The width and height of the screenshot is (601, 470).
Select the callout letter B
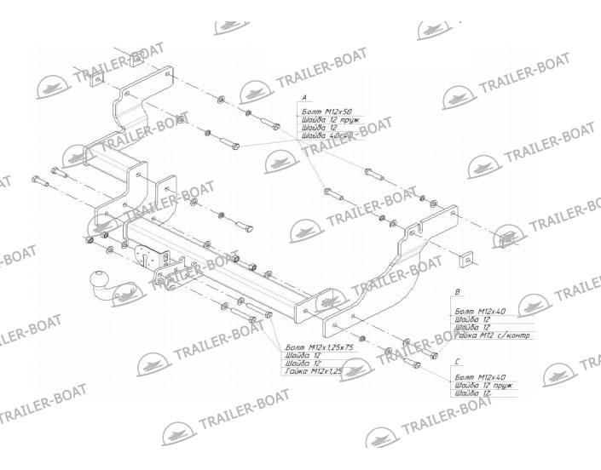click(458, 293)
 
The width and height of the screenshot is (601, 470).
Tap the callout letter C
click(458, 361)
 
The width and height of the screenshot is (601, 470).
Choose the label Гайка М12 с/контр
click(494, 335)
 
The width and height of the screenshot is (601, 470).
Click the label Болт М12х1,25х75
click(318, 348)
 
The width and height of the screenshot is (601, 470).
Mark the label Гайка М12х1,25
click(312, 372)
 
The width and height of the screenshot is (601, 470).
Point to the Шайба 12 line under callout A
click(315, 128)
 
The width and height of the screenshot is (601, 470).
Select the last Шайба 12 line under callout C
click(473, 393)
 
